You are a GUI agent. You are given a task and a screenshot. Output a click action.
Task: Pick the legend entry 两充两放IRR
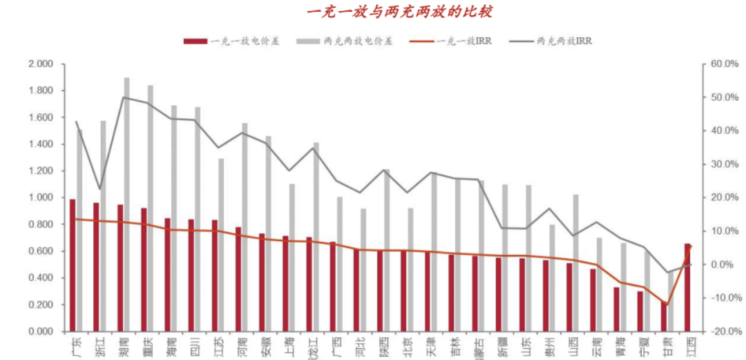pyautogui.click(x=564, y=41)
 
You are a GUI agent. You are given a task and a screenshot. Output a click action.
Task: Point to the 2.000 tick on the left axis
pyautogui.click(x=41, y=64)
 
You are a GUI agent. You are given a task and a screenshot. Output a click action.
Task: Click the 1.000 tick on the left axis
pyautogui.click(x=41, y=198)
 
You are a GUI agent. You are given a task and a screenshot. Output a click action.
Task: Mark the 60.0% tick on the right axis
pyautogui.click(x=720, y=64)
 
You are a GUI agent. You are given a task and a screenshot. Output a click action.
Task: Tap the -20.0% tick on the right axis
pyautogui.click(x=720, y=332)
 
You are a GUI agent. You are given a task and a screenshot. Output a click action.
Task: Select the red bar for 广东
pyautogui.click(x=73, y=265)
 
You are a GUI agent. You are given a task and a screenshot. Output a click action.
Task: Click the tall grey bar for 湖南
pyautogui.click(x=126, y=205)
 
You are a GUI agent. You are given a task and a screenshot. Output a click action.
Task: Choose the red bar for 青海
pyautogui.click(x=616, y=309)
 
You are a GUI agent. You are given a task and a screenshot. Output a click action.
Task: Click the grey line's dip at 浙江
pyautogui.click(x=99, y=189)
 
